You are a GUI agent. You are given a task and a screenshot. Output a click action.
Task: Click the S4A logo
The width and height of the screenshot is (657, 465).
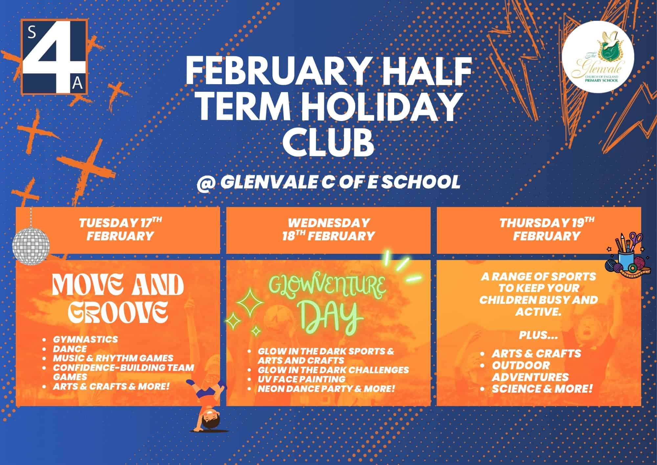(54, 57)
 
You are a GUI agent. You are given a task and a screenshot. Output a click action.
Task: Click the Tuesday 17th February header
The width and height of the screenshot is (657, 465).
(120, 230)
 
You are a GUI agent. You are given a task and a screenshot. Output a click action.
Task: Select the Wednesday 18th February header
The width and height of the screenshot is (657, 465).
(328, 230)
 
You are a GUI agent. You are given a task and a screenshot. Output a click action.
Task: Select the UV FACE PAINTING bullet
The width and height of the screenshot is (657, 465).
(302, 379)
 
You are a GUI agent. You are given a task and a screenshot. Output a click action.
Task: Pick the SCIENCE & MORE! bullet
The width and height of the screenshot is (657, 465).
(542, 389)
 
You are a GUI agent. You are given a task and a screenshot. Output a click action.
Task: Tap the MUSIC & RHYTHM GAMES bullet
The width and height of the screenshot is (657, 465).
(113, 358)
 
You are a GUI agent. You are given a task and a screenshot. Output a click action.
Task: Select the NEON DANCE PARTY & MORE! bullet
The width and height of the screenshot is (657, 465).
(326, 389)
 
